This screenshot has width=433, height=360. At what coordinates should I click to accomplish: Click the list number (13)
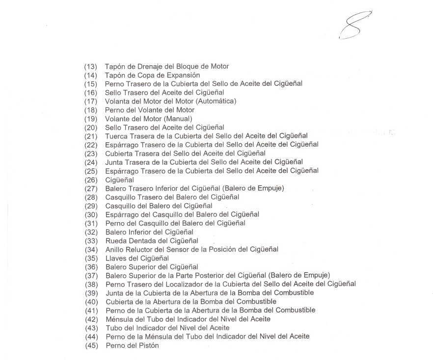[91, 66]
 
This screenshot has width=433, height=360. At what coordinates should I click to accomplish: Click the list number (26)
[91, 180]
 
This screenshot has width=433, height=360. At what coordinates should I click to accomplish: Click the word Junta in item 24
[114, 162]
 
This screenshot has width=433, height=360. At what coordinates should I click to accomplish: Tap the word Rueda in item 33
[115, 240]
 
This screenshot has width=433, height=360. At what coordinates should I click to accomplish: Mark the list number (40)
[91, 301]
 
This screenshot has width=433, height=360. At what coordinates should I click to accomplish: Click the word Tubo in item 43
[113, 327]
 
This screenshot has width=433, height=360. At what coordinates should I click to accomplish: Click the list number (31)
[91, 223]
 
